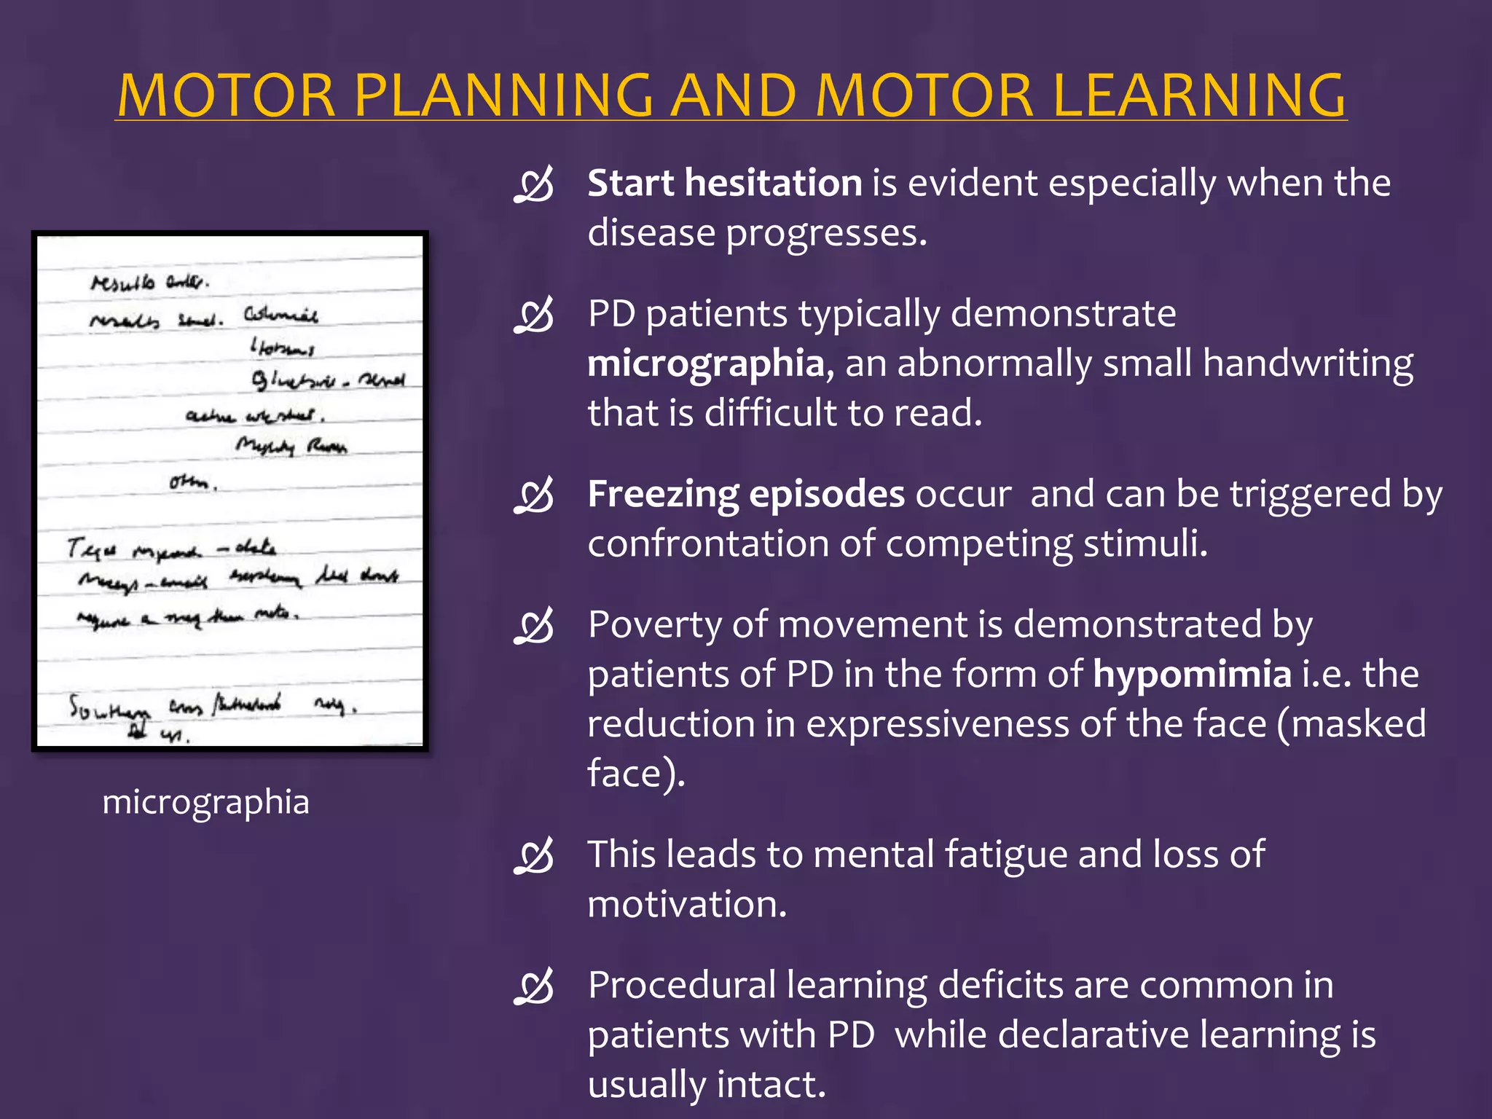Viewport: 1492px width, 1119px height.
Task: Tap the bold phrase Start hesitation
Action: (724, 182)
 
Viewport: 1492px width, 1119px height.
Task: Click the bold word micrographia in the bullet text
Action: (705, 363)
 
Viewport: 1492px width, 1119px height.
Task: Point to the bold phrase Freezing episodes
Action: (746, 494)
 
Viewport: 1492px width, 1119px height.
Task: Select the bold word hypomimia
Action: (1192, 674)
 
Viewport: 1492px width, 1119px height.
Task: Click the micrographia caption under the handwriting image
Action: (205, 801)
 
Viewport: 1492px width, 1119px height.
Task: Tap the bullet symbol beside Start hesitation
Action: (534, 185)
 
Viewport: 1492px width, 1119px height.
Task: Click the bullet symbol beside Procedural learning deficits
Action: (534, 987)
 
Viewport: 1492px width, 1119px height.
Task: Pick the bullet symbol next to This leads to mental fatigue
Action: (534, 856)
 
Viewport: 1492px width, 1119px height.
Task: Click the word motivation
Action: (686, 904)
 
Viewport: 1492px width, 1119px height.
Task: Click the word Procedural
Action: (682, 985)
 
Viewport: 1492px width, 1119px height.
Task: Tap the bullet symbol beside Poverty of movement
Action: (534, 627)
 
